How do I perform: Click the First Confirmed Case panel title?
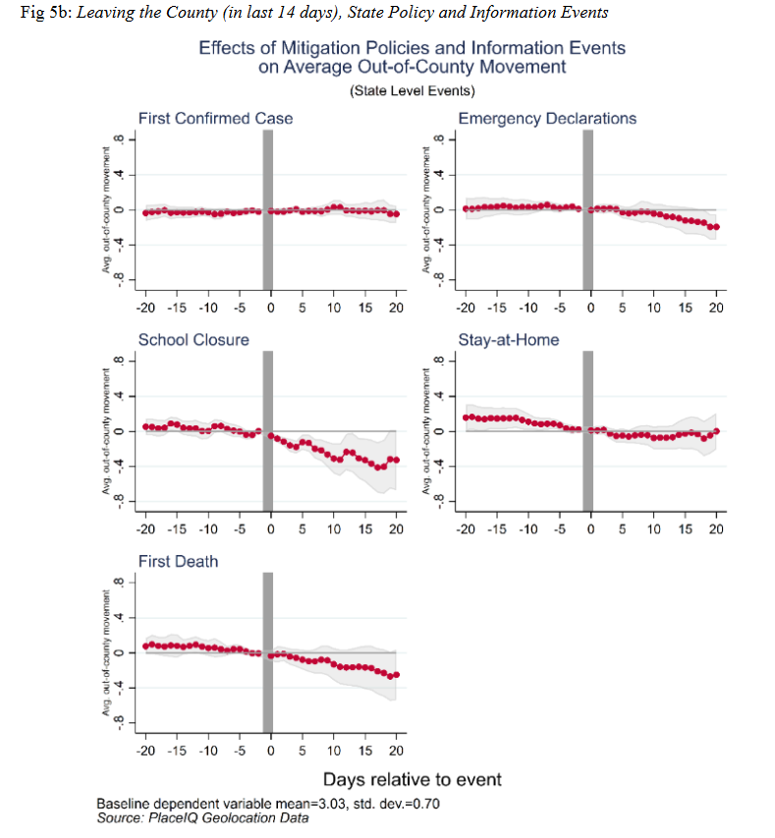pyautogui.click(x=215, y=119)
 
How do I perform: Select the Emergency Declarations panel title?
pyautogui.click(x=547, y=119)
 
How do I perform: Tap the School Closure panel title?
pyautogui.click(x=194, y=340)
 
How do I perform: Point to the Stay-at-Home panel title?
pyautogui.click(x=509, y=340)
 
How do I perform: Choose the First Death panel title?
pyautogui.click(x=178, y=562)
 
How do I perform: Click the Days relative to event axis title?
pyautogui.click(x=427, y=779)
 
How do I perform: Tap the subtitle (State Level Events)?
pyautogui.click(x=412, y=91)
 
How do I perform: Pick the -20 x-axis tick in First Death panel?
pyautogui.click(x=144, y=752)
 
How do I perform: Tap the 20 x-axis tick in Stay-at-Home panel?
pyautogui.click(x=716, y=530)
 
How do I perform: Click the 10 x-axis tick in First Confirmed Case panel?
pyautogui.click(x=334, y=307)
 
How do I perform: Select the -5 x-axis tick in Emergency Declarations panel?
pyautogui.click(x=559, y=307)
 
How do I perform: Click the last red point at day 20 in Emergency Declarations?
pyautogui.click(x=716, y=227)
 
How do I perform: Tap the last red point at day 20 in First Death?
pyautogui.click(x=396, y=674)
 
